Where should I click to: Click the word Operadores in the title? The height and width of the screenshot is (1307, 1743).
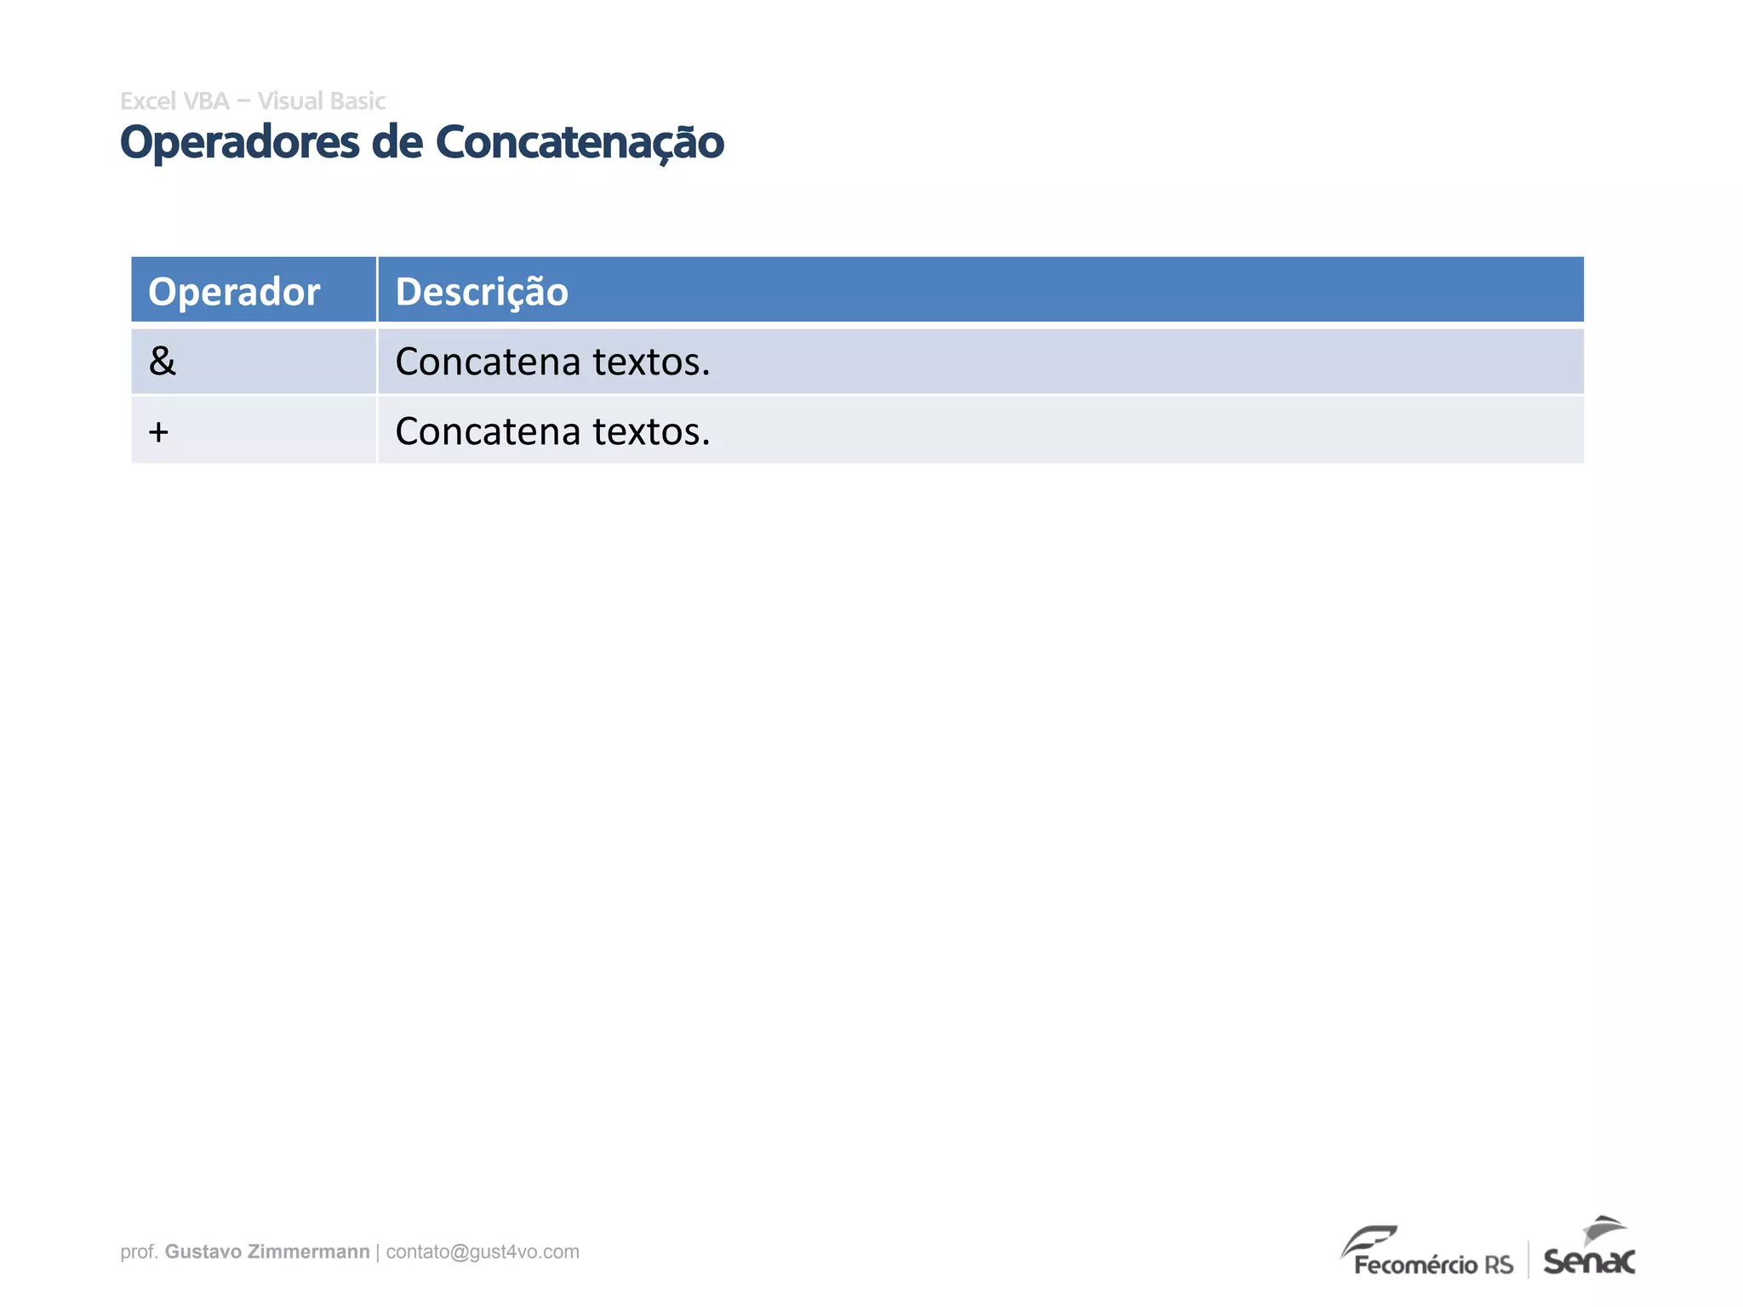[239, 143]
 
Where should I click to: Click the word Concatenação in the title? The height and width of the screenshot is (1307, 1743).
[580, 143]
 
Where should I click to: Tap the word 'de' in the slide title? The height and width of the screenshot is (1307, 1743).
[397, 142]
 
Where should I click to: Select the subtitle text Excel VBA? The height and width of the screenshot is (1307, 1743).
[174, 101]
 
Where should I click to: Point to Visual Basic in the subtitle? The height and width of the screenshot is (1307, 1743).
[321, 101]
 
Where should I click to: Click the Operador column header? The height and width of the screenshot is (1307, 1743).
[234, 292]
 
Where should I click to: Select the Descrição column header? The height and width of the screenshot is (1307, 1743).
[482, 292]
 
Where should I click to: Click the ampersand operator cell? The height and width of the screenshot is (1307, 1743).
[162, 362]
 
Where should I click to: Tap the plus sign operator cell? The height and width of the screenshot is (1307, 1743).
[158, 432]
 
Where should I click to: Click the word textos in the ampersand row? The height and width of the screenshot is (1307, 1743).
[650, 362]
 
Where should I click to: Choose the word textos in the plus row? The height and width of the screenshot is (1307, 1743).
[650, 432]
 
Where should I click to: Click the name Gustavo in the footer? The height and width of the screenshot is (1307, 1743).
[203, 1252]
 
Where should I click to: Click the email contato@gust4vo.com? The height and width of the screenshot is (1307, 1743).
[483, 1252]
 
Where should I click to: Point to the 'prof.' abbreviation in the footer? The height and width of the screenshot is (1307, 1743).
[139, 1252]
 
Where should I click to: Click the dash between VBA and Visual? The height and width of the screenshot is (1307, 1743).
[243, 102]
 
